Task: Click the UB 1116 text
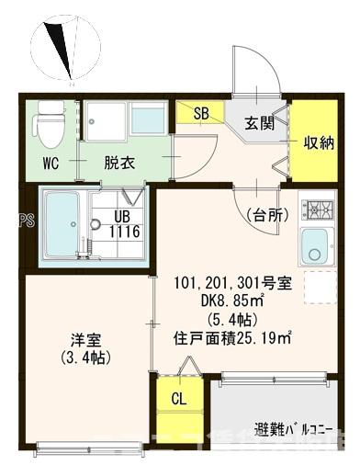pos(125,224)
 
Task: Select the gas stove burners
pos(318,209)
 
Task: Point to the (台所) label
pos(267,215)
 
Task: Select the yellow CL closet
pos(180,399)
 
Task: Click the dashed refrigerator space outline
pos(318,289)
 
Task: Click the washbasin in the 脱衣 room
pos(148,119)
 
